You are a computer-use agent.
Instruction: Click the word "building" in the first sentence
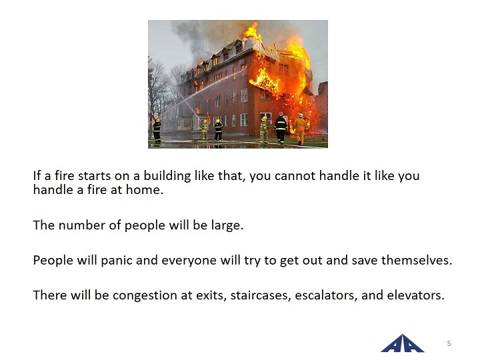click(167, 176)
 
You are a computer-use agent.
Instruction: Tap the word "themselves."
click(417, 260)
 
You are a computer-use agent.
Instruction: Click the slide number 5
click(449, 343)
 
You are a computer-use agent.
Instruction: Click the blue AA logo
click(402, 343)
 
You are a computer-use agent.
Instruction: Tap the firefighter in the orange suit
click(300, 129)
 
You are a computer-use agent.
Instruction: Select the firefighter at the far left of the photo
click(157, 130)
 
